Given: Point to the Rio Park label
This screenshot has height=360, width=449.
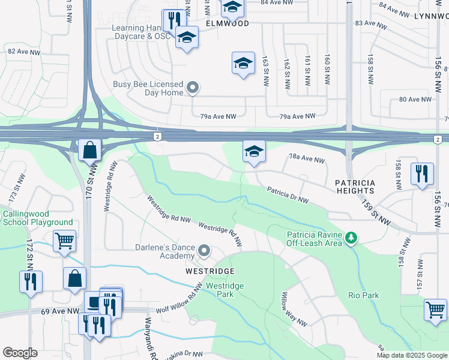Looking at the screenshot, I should click(363, 295).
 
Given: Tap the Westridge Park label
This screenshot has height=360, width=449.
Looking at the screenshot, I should click(225, 290).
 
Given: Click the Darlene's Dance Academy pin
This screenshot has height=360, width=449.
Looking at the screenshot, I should click(205, 250).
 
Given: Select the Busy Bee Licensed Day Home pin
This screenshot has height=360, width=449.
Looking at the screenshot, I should click(193, 89).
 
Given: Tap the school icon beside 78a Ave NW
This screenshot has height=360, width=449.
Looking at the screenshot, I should click(254, 151).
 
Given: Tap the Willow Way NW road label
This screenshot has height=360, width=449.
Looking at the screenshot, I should click(294, 309).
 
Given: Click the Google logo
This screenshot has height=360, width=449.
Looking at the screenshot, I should click(20, 353).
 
